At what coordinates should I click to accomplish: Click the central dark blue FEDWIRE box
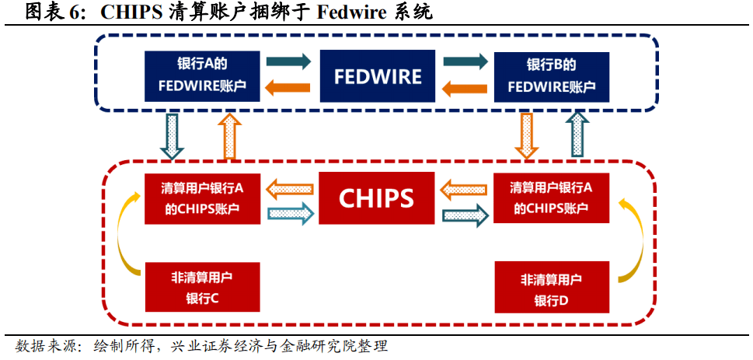377,75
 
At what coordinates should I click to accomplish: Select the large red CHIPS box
376,197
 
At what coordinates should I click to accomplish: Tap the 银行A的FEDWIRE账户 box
202,75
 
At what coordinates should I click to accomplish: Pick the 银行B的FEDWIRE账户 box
551,75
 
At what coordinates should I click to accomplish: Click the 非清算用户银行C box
202,287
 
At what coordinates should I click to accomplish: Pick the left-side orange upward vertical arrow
229,135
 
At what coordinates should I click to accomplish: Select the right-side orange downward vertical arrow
526,135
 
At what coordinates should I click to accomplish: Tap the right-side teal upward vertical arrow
577,135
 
